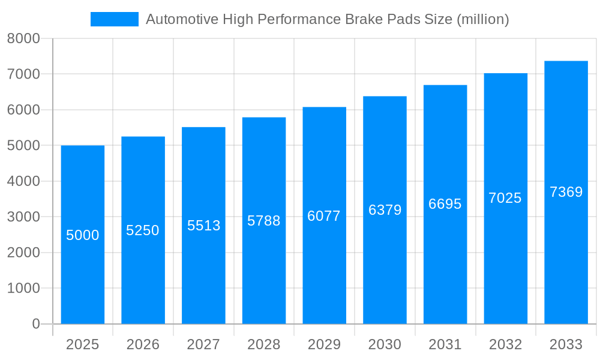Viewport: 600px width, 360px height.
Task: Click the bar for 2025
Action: click(x=83, y=276)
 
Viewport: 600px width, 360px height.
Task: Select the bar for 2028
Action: click(x=264, y=270)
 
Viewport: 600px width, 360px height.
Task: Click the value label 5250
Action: click(x=143, y=230)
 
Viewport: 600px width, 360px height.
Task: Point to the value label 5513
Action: click(x=204, y=226)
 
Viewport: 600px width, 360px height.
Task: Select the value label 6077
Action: click(x=324, y=216)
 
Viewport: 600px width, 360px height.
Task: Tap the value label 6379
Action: click(x=385, y=210)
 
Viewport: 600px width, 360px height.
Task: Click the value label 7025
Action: click(x=505, y=198)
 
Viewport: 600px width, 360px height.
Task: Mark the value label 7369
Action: click(x=566, y=192)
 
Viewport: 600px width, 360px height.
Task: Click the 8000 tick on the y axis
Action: click(x=23, y=39)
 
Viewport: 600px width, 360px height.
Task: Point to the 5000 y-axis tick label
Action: click(x=23, y=146)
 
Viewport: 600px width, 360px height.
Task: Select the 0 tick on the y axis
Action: click(x=35, y=324)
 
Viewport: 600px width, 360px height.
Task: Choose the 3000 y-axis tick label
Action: click(x=23, y=217)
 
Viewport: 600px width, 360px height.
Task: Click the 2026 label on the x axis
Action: click(x=143, y=344)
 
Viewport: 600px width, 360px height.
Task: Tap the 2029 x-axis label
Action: click(x=324, y=344)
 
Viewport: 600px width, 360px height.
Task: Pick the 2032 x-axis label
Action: click(x=505, y=344)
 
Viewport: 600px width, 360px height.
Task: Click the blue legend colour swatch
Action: click(x=115, y=19)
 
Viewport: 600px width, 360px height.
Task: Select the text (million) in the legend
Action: click(x=482, y=19)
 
